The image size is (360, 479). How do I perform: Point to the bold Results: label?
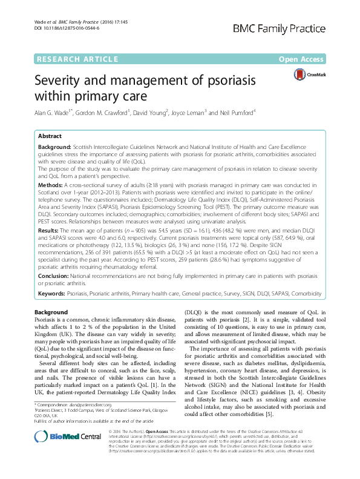click(x=50, y=214)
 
